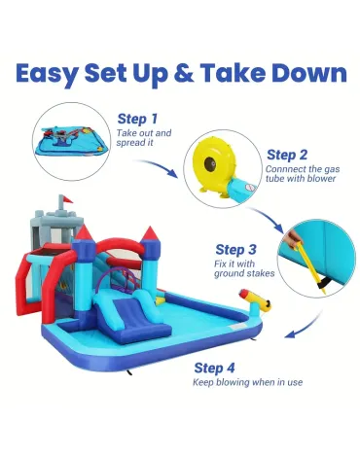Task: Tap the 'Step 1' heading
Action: coord(138,118)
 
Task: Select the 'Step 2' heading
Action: coord(288,154)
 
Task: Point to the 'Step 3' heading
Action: coord(237,250)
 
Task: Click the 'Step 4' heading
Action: coord(215,368)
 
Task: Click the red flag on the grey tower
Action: coord(60,198)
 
